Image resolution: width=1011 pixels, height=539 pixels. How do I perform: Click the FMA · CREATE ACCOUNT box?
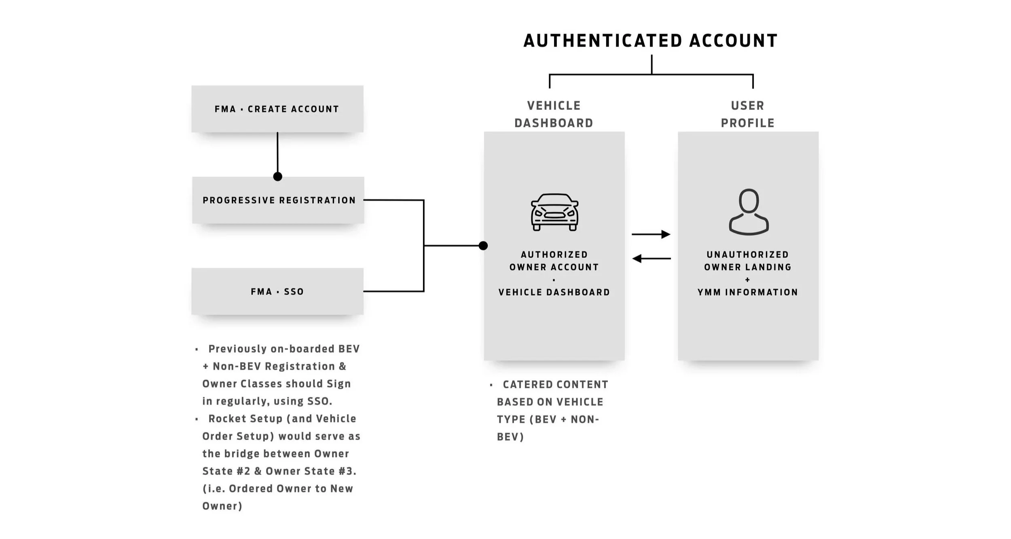coord(277,109)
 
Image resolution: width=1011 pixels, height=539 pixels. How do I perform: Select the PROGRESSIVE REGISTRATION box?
coord(279,200)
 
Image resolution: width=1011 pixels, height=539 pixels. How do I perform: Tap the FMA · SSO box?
coord(277,291)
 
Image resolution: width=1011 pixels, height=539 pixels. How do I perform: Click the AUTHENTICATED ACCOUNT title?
coord(650,41)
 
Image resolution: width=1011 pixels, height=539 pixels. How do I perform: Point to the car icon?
coord(554,212)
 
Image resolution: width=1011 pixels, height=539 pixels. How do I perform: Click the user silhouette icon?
coord(749,212)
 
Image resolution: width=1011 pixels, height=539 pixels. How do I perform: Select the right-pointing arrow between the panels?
coord(651,234)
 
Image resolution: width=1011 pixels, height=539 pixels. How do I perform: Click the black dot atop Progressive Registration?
coord(277,177)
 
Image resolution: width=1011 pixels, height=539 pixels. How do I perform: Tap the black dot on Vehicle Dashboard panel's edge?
coord(483,246)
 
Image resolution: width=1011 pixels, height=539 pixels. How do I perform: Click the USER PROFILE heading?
coord(747,114)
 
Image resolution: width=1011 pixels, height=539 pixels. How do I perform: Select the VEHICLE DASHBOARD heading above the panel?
coord(554,114)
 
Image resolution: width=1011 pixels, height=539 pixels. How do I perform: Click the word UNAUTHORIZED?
coord(747,255)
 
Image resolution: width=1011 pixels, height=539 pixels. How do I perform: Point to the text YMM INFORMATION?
coord(747,292)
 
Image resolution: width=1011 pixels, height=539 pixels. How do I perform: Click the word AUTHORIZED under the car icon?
coord(554,255)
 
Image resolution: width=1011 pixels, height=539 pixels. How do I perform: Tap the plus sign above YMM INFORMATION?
coord(747,280)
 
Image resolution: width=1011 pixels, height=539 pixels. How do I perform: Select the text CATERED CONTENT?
coord(555,385)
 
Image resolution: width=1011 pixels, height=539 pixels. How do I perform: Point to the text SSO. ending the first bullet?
coord(319,401)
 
